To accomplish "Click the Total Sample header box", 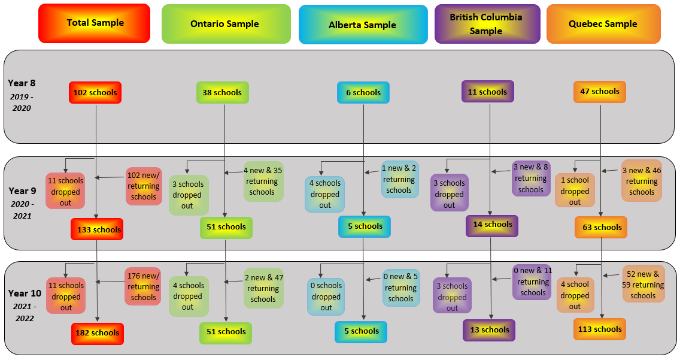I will click(94, 23).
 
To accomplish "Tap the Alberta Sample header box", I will click(363, 25).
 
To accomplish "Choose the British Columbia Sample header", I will click(487, 24).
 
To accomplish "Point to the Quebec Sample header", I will click(603, 24).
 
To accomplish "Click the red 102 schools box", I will click(95, 93).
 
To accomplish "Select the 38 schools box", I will click(222, 93).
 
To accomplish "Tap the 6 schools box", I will click(363, 93).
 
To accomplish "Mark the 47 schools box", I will click(599, 92).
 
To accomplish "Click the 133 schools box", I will click(96, 229).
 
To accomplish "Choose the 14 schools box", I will click(491, 225).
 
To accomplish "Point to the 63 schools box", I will click(600, 228).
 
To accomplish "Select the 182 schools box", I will click(97, 333).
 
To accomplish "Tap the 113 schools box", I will click(599, 329).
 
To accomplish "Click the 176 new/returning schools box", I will click(143, 286).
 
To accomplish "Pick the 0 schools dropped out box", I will click(326, 297).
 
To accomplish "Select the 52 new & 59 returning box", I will click(643, 285).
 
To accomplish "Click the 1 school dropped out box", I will click(575, 190).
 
